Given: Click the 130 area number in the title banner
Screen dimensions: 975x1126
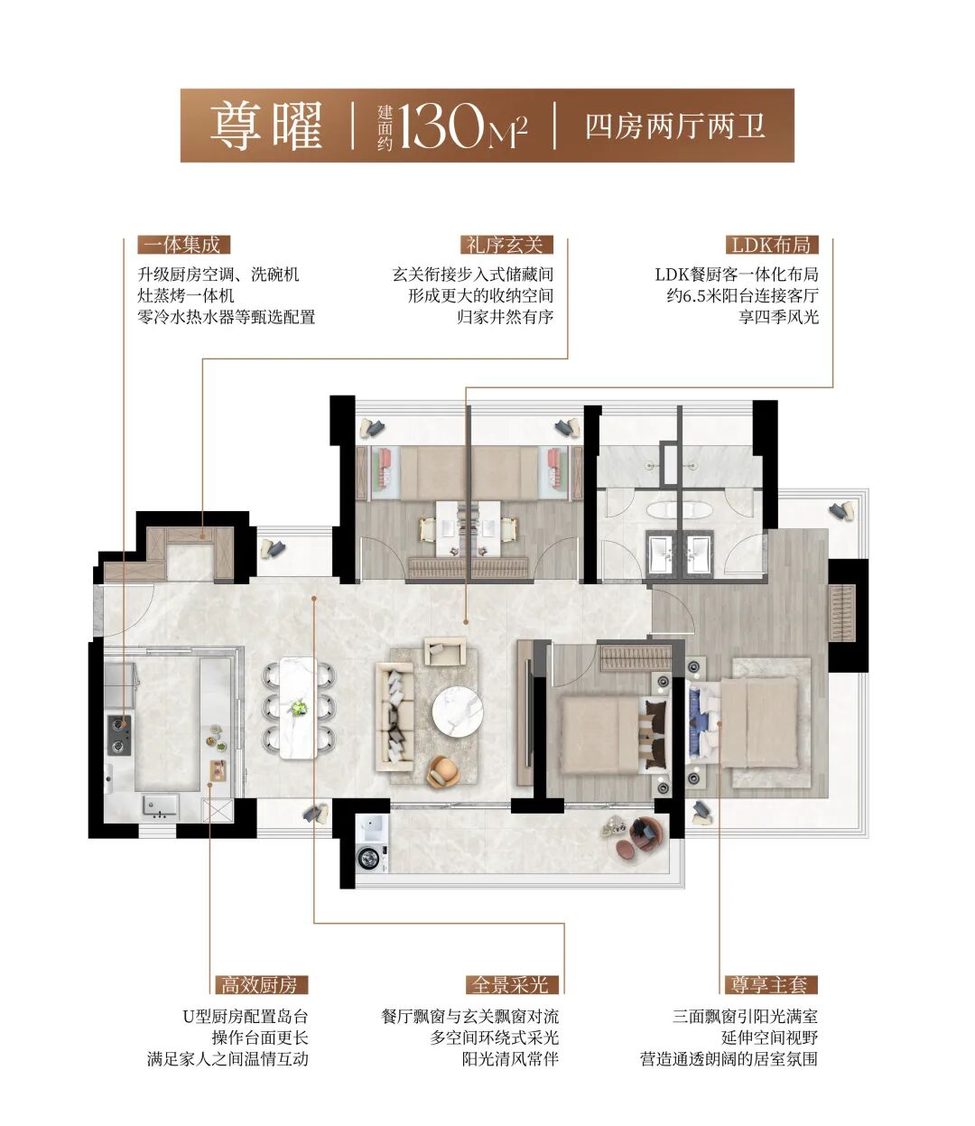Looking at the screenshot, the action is (441, 127).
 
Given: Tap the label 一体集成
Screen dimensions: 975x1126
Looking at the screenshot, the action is (183, 245).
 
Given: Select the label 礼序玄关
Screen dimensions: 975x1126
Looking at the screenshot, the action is (506, 245).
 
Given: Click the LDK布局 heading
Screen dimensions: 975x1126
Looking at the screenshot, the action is (771, 245).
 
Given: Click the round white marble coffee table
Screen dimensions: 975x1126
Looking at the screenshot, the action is (458, 712).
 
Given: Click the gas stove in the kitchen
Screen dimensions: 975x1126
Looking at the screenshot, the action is (119, 735).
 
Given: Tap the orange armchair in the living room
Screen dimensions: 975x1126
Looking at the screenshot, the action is (442, 771).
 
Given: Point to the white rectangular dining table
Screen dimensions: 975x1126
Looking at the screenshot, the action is (298, 708).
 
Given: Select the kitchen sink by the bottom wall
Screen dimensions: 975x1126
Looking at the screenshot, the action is (160, 806).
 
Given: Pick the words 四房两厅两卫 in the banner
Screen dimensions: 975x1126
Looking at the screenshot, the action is (675, 126).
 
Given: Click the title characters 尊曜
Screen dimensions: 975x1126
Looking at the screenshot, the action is (265, 127).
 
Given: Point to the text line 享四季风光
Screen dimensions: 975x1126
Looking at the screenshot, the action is (778, 317).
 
